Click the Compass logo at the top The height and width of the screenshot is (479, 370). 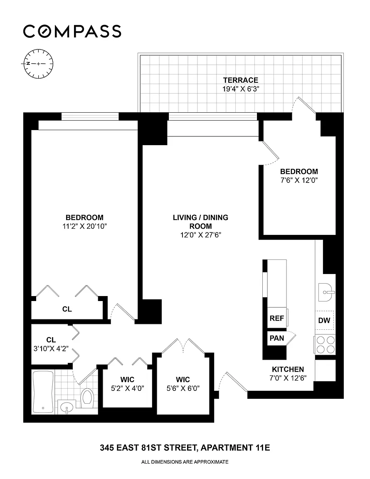[72, 31]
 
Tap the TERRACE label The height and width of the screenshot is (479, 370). [240, 80]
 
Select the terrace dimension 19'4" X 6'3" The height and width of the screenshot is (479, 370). [240, 89]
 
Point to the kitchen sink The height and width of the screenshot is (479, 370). [325, 292]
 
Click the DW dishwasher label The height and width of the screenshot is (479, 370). [324, 320]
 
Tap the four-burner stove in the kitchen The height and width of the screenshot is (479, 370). [326, 344]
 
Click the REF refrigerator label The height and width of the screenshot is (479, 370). [277, 319]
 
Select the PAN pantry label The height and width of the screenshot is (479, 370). [277, 338]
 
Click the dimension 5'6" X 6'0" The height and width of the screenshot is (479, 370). [183, 388]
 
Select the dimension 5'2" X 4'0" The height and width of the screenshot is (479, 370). [127, 388]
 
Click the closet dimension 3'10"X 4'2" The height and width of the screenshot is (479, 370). [51, 348]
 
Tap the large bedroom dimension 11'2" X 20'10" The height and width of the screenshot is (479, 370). [85, 226]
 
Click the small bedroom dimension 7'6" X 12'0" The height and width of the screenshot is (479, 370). [299, 180]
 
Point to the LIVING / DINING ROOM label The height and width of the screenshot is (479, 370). [200, 222]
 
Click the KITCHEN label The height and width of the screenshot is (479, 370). [288, 369]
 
